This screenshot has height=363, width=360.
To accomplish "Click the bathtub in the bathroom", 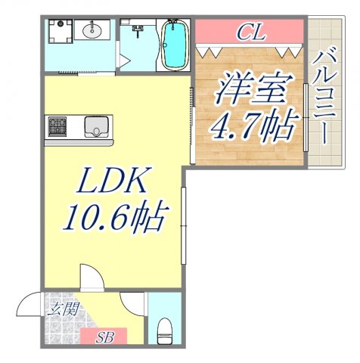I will (173, 45).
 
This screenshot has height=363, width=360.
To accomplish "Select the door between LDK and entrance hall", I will (90, 278).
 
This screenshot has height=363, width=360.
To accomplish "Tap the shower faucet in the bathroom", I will (138, 31).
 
